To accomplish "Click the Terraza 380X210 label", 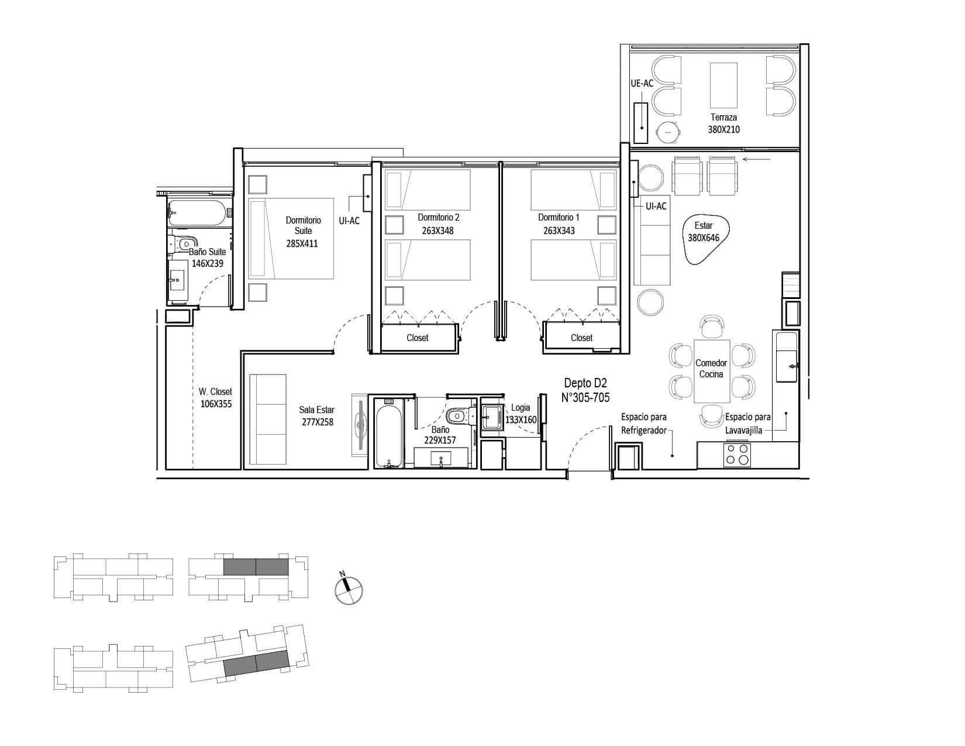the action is point(723,123).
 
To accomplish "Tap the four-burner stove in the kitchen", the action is point(737,455).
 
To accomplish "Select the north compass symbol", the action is point(348,588).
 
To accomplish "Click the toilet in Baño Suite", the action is point(184,243).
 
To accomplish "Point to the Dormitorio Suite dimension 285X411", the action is point(302,243).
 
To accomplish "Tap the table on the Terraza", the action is point(723,85).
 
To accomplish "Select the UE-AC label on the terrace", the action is point(642,83).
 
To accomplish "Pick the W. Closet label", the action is point(216,391).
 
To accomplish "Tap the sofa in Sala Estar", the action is point(268,420).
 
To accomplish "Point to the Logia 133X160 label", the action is point(521,413).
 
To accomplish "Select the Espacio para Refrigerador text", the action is point(643,424).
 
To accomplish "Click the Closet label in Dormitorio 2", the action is point(418,338).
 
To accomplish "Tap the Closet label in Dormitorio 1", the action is point(581,338).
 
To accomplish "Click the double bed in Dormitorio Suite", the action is point(291,239).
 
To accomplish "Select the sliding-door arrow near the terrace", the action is point(757,159).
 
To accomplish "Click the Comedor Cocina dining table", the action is point(712,372).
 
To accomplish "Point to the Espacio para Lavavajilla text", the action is point(748,424).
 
